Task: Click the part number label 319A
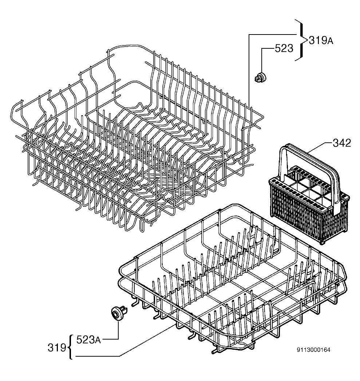321,41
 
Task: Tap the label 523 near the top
284,48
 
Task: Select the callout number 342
342,143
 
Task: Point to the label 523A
88,340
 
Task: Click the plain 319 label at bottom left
57,348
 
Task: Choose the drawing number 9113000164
313,350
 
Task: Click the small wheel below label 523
261,77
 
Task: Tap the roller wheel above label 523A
119,313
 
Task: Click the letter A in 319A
330,42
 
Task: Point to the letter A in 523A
97,341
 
